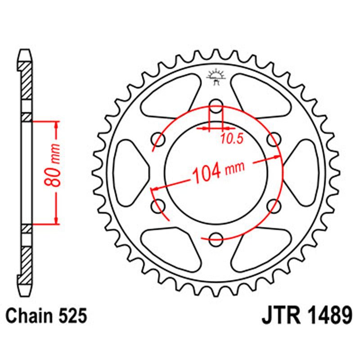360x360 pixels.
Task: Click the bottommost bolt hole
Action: click(x=216, y=238)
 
